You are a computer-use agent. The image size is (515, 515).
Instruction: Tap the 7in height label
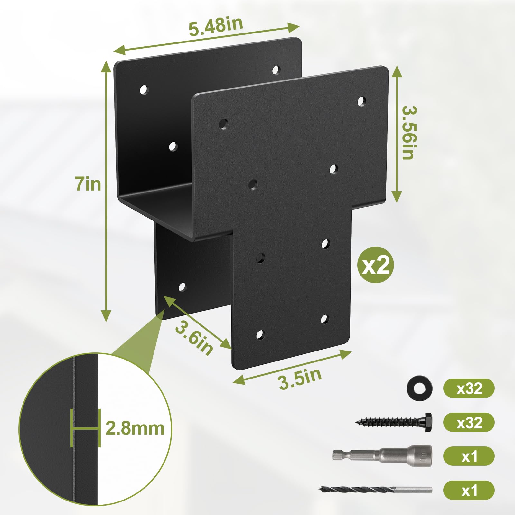tap(88, 184)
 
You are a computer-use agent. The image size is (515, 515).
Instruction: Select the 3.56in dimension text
tap(409, 132)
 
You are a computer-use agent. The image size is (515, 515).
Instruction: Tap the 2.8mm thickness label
tap(135, 428)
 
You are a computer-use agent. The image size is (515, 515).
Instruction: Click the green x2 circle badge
tap(376, 265)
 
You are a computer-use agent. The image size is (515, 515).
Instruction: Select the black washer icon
tap(419, 389)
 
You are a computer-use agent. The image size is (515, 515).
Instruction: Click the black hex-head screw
tap(394, 422)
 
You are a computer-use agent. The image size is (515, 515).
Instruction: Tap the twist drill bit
tap(375, 490)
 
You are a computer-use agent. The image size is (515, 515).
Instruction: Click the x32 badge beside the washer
tap(469, 389)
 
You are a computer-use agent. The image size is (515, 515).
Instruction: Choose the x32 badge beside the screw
tap(469, 422)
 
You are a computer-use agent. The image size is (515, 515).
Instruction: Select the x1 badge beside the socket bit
tap(469, 456)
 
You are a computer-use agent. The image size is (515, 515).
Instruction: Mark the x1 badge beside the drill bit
tap(469, 490)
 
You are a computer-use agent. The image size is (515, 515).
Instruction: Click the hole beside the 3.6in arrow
tap(182, 287)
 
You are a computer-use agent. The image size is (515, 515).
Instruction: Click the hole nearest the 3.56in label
tap(362, 101)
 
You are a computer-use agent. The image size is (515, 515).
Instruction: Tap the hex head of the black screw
tap(428, 422)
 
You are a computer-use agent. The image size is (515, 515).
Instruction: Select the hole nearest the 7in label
tap(144, 90)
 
